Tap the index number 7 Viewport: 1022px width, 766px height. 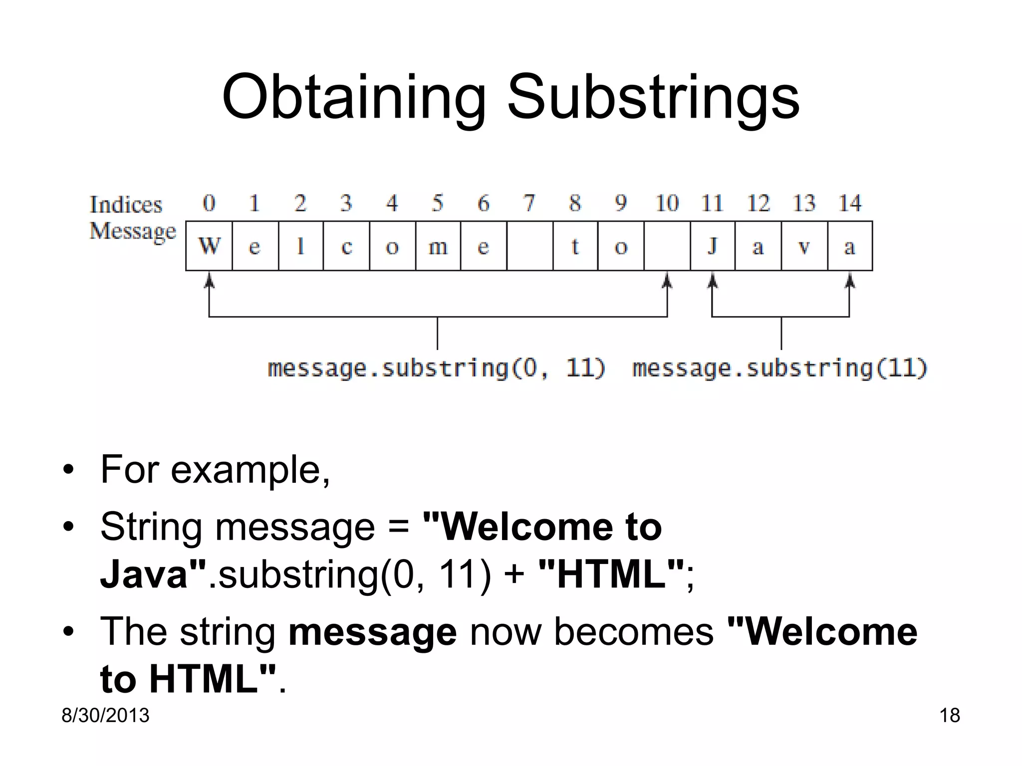pyautogui.click(x=529, y=203)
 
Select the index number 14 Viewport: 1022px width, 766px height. pyautogui.click(x=850, y=203)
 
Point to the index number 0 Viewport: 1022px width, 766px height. pyautogui.click(x=209, y=203)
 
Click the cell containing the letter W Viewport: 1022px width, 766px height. pyautogui.click(x=209, y=246)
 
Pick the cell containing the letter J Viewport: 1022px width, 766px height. pyautogui.click(x=712, y=246)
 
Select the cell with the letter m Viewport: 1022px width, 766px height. pyautogui.click(x=438, y=246)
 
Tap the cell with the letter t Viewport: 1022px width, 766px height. pyautogui.click(x=575, y=246)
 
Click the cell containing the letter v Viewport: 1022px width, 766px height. pyautogui.click(x=804, y=246)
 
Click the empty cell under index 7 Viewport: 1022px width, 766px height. pyautogui.click(x=529, y=246)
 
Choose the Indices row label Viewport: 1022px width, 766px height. pyautogui.click(x=126, y=204)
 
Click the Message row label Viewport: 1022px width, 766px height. pyautogui.click(x=133, y=231)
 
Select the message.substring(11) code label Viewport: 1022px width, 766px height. pyautogui.click(x=779, y=368)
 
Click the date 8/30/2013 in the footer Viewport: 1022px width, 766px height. pyautogui.click(x=105, y=715)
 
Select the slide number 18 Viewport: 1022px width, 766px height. pyautogui.click(x=949, y=715)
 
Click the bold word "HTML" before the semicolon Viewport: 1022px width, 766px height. pyautogui.click(x=611, y=574)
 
